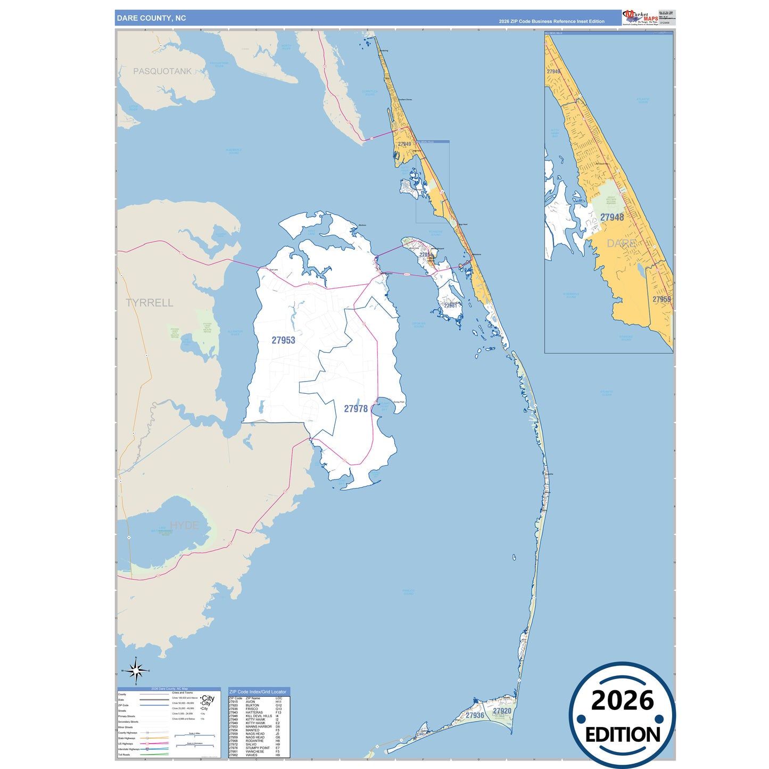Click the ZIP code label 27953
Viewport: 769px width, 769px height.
coord(283,340)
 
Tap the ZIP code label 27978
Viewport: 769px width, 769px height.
coord(355,409)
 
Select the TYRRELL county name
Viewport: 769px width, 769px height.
coord(150,303)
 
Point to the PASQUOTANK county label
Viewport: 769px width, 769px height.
coord(162,71)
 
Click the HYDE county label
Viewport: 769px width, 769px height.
coord(184,525)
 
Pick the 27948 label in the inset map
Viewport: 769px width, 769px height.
coord(612,217)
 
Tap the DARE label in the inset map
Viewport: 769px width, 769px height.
coord(622,243)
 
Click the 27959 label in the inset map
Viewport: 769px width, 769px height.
coord(661,299)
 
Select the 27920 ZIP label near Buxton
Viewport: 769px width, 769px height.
coord(502,711)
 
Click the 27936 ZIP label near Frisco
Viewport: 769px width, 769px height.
coord(475,715)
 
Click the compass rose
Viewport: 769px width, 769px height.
coord(136,671)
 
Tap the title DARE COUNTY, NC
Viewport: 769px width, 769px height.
coord(152,18)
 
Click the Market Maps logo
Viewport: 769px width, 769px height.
coord(640,18)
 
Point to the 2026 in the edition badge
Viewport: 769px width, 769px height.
coord(622,701)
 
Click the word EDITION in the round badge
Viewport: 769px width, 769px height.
coord(623,735)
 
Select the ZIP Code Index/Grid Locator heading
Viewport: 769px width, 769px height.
coord(258,692)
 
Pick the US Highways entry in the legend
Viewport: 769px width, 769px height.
coord(126,743)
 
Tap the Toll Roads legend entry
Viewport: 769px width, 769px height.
coord(124,755)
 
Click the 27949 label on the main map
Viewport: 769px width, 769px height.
coord(404,144)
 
